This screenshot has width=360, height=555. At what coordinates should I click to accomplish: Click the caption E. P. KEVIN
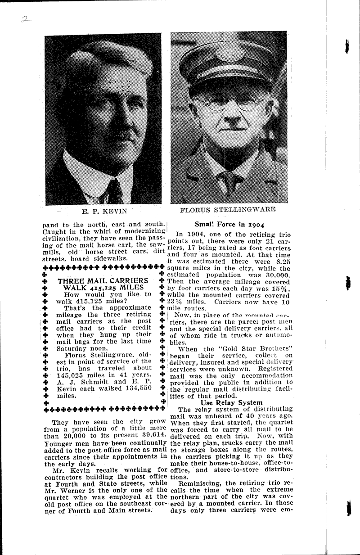(103, 210)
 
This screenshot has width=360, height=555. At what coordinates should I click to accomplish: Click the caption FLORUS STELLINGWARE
(228, 209)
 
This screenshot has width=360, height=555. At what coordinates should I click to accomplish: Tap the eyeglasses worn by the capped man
(229, 103)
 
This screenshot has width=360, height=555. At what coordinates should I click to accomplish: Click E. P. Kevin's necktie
(114, 191)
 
